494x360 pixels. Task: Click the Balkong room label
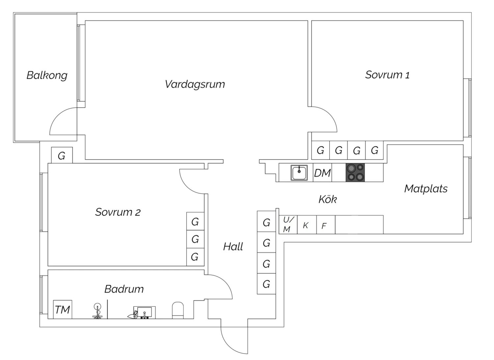pos(47,75)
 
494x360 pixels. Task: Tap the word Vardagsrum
pos(195,84)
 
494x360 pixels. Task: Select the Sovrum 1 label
pos(387,75)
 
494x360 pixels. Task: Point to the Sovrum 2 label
pos(118,212)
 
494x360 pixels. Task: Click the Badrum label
pos(124,289)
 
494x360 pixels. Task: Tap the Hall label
pos(233,246)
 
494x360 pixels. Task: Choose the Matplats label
pos(425,189)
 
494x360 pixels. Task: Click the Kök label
pos(327,199)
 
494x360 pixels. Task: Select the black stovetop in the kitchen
pos(355,172)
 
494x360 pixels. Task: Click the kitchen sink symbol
pos(299,173)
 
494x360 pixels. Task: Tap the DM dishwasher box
pos(322,173)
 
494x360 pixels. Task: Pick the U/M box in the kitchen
pos(288,224)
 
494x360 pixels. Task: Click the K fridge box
pos(306,225)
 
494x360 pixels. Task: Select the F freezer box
pos(325,225)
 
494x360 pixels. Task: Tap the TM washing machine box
pos(62,309)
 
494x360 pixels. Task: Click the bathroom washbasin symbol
pos(144,312)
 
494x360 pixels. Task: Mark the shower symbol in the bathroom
pos(97,311)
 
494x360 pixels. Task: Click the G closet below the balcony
pos(62,155)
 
